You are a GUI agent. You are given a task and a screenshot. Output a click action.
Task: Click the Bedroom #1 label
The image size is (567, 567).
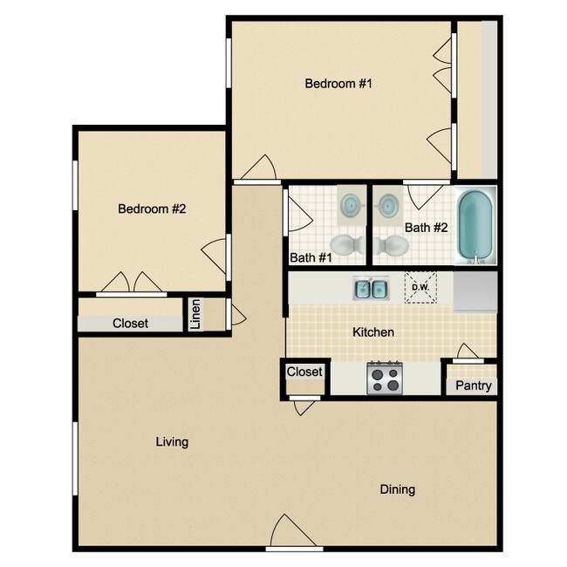(338, 84)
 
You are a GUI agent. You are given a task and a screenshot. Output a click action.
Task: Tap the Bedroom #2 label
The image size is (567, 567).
(154, 209)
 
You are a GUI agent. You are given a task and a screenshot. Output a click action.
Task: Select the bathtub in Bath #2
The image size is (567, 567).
(476, 226)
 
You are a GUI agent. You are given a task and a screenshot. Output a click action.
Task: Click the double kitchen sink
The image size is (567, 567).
(372, 288)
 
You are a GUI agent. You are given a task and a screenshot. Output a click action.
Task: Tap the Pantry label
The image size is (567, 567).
(474, 386)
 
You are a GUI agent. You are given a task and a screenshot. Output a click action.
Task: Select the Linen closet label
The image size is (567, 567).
(196, 315)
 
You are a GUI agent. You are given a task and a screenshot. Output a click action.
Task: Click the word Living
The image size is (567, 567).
(172, 442)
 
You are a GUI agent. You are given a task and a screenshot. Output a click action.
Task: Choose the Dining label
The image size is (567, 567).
(397, 489)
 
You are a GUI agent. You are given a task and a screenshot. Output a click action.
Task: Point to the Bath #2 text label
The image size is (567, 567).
(426, 228)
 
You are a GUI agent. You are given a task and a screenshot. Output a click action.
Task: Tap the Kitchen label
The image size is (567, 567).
(373, 332)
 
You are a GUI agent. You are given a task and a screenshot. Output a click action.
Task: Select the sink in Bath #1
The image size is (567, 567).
(352, 205)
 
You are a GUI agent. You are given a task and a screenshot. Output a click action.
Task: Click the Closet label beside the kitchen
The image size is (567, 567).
(304, 372)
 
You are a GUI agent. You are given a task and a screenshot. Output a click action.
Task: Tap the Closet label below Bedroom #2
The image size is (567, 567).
(130, 324)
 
